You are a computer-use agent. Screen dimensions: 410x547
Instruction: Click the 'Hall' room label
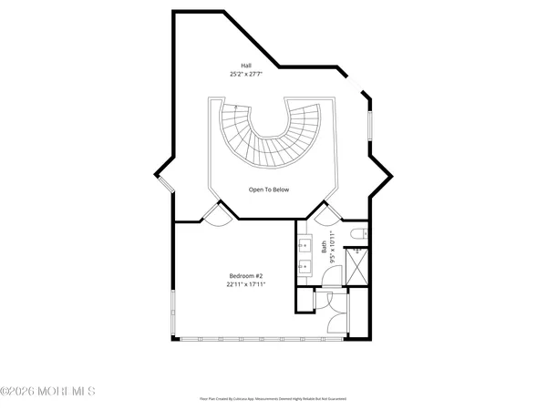pyautogui.click(x=246, y=66)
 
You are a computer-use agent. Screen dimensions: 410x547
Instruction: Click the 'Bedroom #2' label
pyautogui.click(x=245, y=276)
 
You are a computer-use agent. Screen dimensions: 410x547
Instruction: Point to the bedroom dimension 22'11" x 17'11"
pyautogui.click(x=245, y=284)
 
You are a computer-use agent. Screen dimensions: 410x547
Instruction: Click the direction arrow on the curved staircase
pyautogui.click(x=235, y=108)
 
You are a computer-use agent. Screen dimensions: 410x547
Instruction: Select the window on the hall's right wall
pyautogui.click(x=369, y=124)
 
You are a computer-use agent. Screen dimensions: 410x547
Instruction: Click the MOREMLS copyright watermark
pyautogui.click(x=47, y=392)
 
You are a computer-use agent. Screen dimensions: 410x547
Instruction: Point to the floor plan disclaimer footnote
pyautogui.click(x=273, y=398)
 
